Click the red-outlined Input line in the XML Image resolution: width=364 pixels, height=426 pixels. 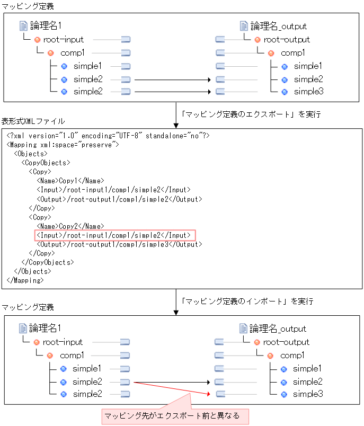coord(115,235)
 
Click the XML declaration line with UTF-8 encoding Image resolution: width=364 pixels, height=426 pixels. coord(109,136)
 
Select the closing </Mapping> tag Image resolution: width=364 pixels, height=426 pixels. coord(25,280)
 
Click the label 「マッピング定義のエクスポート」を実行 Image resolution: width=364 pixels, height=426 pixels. coord(250,114)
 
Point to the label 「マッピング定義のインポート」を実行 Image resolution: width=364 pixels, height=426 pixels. coord(247,301)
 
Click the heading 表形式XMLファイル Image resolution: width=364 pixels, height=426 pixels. coord(33,121)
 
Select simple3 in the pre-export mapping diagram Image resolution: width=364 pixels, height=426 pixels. coord(308,92)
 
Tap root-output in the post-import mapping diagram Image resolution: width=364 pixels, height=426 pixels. coord(286,342)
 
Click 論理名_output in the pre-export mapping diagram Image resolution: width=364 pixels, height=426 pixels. coord(278,26)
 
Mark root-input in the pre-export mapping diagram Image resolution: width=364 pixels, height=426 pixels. coord(64,40)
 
